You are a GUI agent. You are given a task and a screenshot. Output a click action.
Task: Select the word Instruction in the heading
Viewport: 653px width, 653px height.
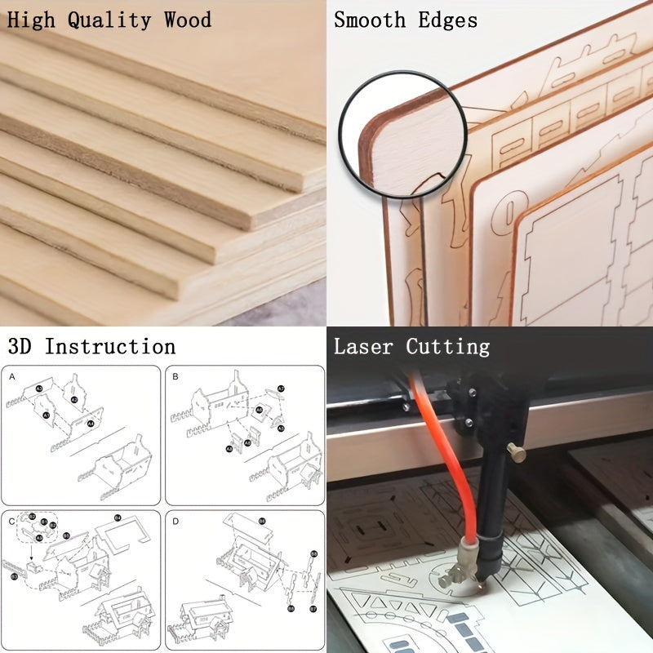click(x=109, y=346)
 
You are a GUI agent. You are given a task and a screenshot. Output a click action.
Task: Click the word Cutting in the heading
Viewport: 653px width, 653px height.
click(x=448, y=346)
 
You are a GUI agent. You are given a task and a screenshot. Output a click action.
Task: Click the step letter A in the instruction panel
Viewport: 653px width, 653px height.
click(x=12, y=377)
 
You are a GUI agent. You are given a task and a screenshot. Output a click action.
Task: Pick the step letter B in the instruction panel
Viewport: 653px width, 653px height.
click(x=175, y=377)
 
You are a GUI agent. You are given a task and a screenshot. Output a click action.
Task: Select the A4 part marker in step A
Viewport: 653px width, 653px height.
click(x=91, y=424)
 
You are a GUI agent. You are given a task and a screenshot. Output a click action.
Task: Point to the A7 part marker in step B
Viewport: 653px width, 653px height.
click(x=281, y=389)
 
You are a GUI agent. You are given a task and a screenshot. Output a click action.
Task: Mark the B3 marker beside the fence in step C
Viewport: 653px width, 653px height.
click(x=14, y=576)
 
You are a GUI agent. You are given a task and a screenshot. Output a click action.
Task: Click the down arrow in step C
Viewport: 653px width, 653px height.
click(x=32, y=556)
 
